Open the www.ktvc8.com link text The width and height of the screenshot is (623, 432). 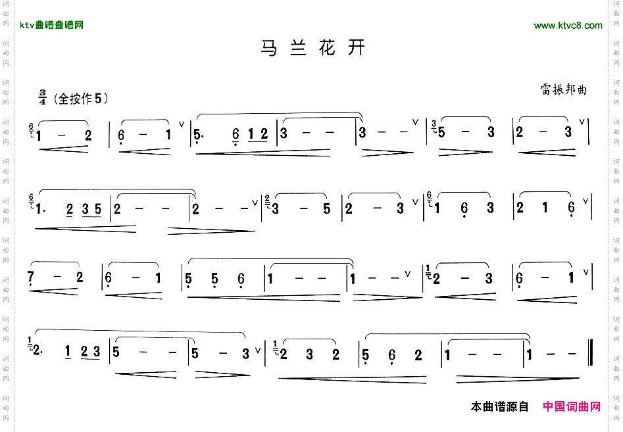[x=568, y=26]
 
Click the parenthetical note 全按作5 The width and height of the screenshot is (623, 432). [x=81, y=99]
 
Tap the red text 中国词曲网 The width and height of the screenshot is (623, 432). [x=572, y=407]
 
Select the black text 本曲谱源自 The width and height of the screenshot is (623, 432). [x=500, y=407]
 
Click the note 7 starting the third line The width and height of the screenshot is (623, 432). [x=31, y=278]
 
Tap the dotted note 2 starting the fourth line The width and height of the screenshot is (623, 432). [x=36, y=353]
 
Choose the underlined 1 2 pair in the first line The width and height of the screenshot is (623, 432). [x=258, y=135]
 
